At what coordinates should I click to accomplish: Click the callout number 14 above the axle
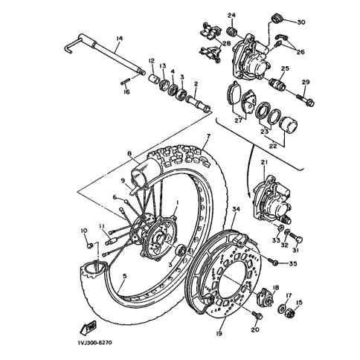click(x=120, y=39)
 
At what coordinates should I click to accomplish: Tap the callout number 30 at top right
click(x=301, y=22)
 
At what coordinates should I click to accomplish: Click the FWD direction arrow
click(x=88, y=329)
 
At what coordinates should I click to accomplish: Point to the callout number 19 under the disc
click(x=219, y=333)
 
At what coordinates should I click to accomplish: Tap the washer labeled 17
click(x=281, y=307)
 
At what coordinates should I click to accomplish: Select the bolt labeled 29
click(x=306, y=98)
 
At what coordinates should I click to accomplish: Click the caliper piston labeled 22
click(x=289, y=124)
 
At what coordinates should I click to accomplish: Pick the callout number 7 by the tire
click(x=208, y=136)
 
